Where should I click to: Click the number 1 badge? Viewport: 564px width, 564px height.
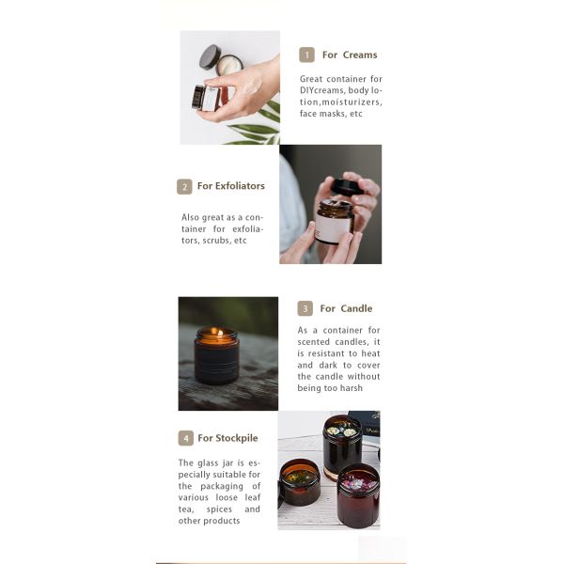point(306,55)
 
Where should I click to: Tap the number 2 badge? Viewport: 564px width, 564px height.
point(184,187)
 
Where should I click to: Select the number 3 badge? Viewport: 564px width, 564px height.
point(305,308)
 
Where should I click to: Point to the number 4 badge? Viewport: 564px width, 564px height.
point(186,438)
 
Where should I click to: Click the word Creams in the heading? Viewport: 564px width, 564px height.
point(360,55)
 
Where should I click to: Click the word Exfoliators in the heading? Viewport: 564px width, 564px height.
point(240,186)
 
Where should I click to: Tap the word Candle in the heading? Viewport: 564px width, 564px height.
point(356,308)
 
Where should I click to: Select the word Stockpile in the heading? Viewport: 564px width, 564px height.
point(237,438)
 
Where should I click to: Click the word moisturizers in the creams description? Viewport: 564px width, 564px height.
point(352,102)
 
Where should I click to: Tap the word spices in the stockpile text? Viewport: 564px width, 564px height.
point(219,509)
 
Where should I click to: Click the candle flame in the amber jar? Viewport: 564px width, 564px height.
point(217,333)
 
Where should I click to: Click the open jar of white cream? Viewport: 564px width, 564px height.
point(230,65)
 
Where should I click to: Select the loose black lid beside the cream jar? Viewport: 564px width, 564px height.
point(210,56)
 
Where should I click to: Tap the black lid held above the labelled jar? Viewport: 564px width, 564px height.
point(346,185)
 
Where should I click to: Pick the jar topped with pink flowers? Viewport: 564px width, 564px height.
point(358,495)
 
